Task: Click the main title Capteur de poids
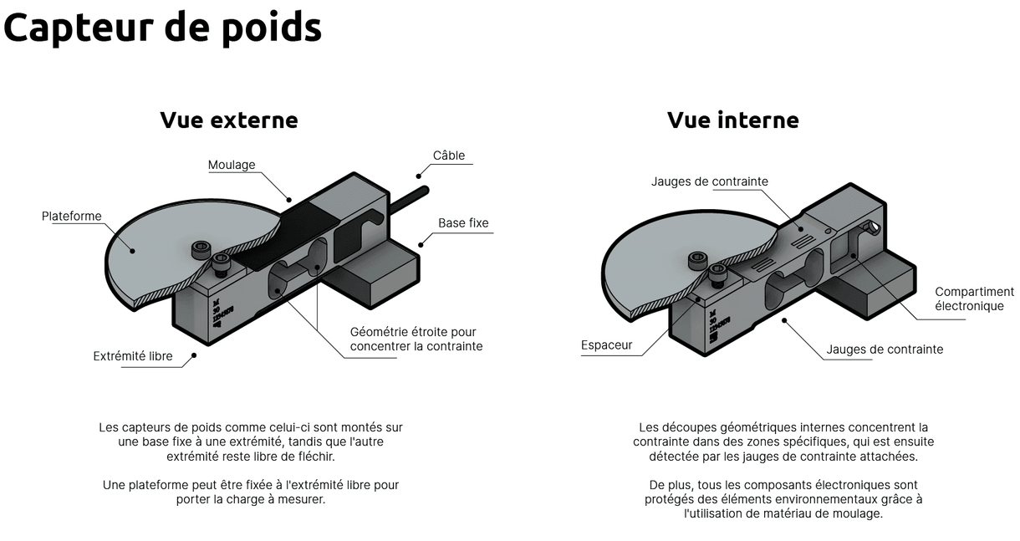point(162,28)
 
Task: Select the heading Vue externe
point(228,120)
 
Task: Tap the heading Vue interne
point(732,120)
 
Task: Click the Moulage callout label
point(232,165)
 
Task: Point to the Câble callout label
point(449,156)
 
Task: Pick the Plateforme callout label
point(72,217)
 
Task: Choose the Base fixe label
point(463,223)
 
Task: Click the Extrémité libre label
point(133,356)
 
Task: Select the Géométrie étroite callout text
point(416,339)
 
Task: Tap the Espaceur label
point(607,345)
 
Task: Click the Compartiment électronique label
point(974,299)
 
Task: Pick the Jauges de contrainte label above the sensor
point(709,181)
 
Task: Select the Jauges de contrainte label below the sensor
point(885,350)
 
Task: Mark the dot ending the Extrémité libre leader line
point(194,355)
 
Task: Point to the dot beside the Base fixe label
point(421,243)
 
